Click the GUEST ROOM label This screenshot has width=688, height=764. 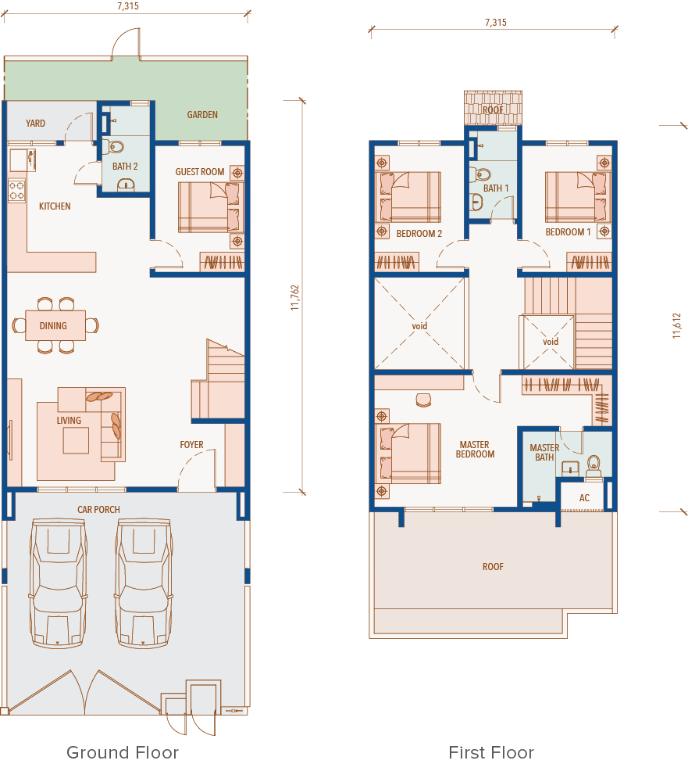pyautogui.click(x=199, y=172)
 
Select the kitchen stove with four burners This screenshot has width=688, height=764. pyautogui.click(x=16, y=191)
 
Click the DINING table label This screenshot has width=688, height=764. pyautogui.click(x=53, y=326)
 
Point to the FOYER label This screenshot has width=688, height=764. pyautogui.click(x=191, y=445)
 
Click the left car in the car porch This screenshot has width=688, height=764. pyautogui.click(x=58, y=583)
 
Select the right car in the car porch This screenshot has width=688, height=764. pyautogui.click(x=144, y=583)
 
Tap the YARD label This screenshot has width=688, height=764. pyautogui.click(x=35, y=124)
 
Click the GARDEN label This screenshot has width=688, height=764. pyautogui.click(x=202, y=115)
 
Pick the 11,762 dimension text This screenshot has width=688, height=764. pyautogui.click(x=295, y=298)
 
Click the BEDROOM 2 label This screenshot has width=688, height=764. pyautogui.click(x=419, y=234)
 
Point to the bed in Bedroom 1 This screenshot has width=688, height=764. pyautogui.click(x=578, y=197)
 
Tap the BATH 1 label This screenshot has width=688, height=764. pyautogui.click(x=496, y=188)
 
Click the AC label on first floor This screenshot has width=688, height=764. pyautogui.click(x=584, y=498)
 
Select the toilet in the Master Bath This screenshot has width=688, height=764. pyautogui.click(x=594, y=466)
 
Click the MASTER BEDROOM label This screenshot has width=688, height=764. pyautogui.click(x=475, y=449)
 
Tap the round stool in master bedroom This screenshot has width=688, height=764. pyautogui.click(x=423, y=400)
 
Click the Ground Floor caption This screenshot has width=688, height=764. pyautogui.click(x=123, y=752)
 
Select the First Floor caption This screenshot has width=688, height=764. pyautogui.click(x=491, y=752)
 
